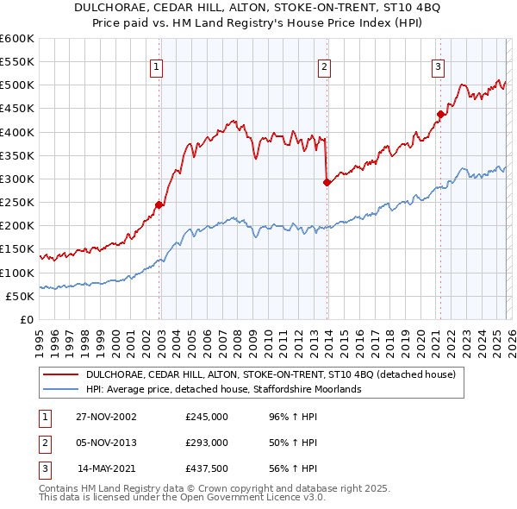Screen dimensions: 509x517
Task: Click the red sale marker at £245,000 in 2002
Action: [x=159, y=204]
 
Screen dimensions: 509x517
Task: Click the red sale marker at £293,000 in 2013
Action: [x=327, y=182]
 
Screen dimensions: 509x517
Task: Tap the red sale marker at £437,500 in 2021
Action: [x=440, y=114]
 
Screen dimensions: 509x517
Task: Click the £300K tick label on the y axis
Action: [x=18, y=179]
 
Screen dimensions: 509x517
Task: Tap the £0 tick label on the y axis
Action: [x=28, y=319]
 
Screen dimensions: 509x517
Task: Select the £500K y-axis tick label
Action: [x=18, y=85]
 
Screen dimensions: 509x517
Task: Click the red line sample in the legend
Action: [x=61, y=374]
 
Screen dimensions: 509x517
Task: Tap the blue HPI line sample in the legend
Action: [x=61, y=389]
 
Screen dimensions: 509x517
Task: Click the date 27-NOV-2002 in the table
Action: [x=106, y=416]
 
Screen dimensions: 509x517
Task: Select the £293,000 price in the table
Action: [x=207, y=443]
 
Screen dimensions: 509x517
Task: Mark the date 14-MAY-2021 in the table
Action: [x=107, y=469]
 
